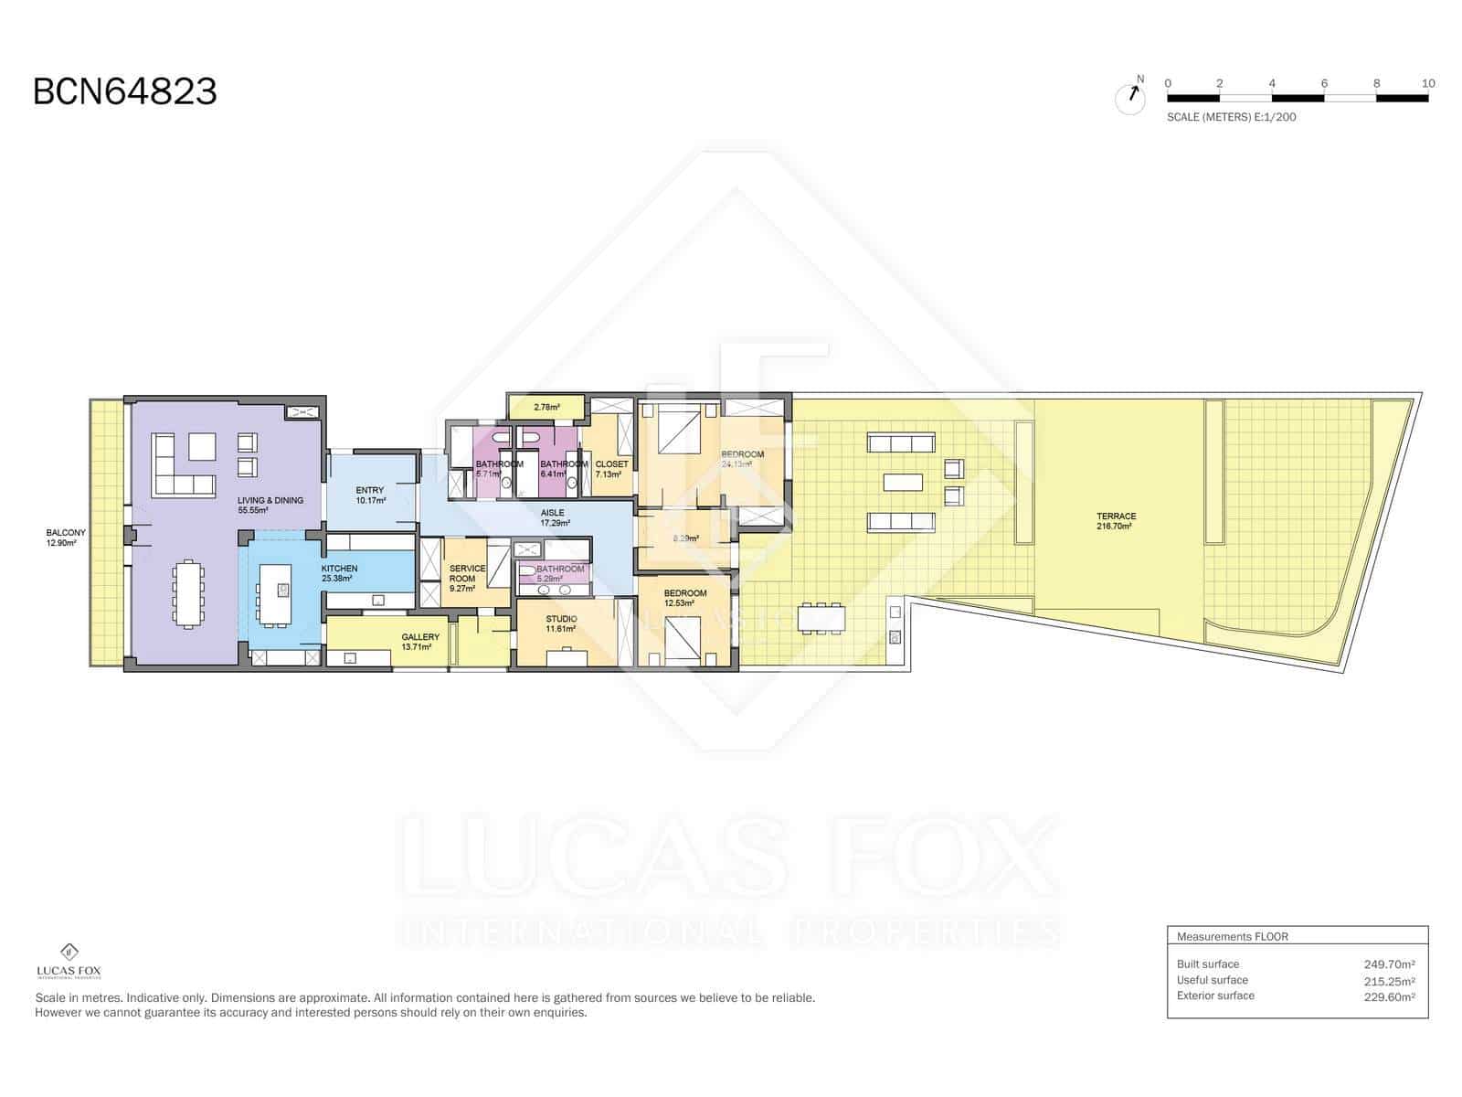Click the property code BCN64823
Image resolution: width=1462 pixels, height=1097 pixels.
[x=125, y=92]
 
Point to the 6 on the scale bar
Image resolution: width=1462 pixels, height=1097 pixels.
[x=1324, y=83]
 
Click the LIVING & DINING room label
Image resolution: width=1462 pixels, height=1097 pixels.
[x=270, y=506]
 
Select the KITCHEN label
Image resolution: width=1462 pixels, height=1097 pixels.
[x=339, y=573]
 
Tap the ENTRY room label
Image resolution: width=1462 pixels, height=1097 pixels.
[x=370, y=495]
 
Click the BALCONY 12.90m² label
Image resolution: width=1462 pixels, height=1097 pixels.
[x=66, y=538]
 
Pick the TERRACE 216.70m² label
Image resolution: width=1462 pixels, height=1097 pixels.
[x=1116, y=521]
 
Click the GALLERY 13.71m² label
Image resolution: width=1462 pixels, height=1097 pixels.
[x=420, y=642]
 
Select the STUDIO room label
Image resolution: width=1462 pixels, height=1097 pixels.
[x=561, y=623]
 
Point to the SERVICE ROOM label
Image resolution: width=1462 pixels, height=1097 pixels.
[x=467, y=579]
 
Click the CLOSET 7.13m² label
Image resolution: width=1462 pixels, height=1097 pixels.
[x=611, y=469]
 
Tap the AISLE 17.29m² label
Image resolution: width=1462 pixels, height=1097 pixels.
[x=553, y=517]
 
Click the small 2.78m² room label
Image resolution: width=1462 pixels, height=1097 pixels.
[x=546, y=407]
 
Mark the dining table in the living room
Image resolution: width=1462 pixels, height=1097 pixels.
[x=188, y=594]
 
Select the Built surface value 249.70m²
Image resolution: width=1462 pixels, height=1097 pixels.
[x=1388, y=964]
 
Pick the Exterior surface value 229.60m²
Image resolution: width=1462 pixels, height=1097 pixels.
[x=1388, y=996]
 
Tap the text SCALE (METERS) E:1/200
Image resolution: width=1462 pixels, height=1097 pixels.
[x=1231, y=117]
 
